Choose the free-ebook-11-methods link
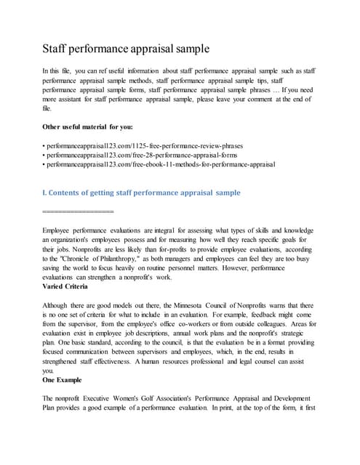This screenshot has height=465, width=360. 160,164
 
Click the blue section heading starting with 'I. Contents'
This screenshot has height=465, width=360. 142,193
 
